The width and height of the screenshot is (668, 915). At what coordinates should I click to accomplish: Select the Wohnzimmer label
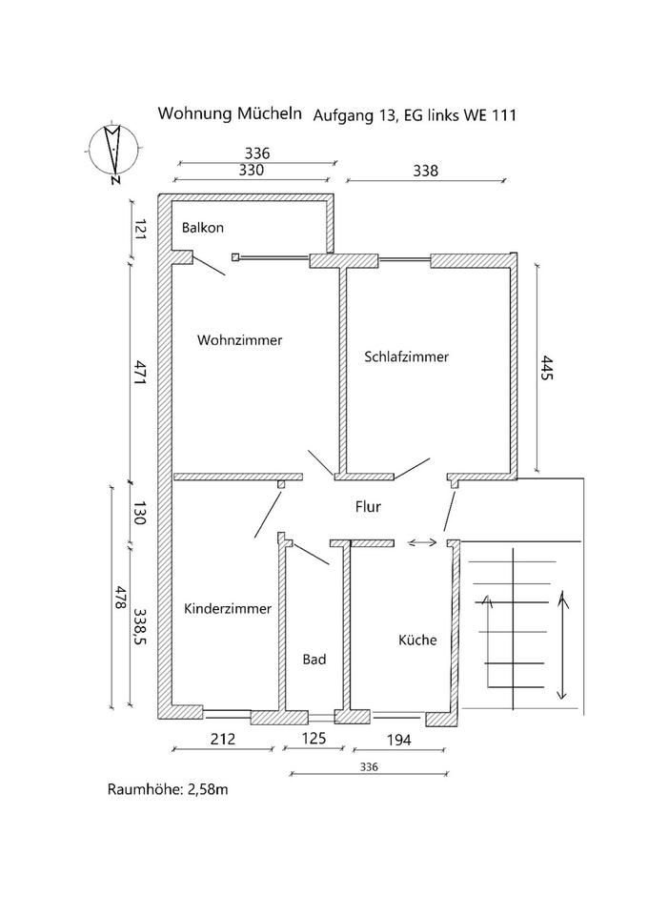240,339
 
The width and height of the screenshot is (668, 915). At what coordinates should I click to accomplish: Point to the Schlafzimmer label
406,356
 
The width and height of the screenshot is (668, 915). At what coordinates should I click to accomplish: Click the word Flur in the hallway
369,507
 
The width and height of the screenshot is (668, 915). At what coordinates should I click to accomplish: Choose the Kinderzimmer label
228,608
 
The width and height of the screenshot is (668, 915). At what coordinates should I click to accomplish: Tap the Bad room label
314,659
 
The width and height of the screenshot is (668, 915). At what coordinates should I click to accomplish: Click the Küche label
417,640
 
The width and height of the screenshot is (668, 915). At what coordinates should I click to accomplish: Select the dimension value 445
547,369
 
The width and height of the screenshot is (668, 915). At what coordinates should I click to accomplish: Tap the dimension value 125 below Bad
314,738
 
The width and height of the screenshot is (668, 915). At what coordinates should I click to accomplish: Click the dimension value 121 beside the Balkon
137,229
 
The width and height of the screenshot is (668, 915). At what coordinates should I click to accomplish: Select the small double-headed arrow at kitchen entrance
423,542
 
